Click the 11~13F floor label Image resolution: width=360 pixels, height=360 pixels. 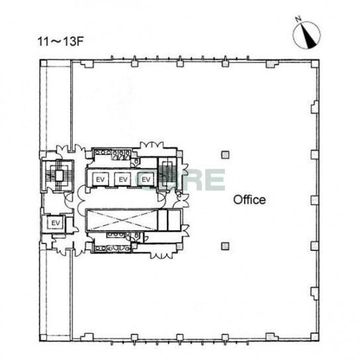(60, 42)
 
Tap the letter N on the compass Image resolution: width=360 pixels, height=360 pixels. (298, 19)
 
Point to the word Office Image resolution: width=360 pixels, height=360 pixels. (249, 200)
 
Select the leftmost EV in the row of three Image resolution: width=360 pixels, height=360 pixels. (100, 179)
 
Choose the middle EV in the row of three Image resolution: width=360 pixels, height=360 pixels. (122, 179)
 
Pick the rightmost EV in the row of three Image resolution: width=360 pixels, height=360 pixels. (146, 179)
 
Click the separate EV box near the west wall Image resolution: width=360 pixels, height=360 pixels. (56, 223)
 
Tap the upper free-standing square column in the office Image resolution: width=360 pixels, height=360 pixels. (225, 155)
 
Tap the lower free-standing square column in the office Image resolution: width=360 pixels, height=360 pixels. (225, 246)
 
